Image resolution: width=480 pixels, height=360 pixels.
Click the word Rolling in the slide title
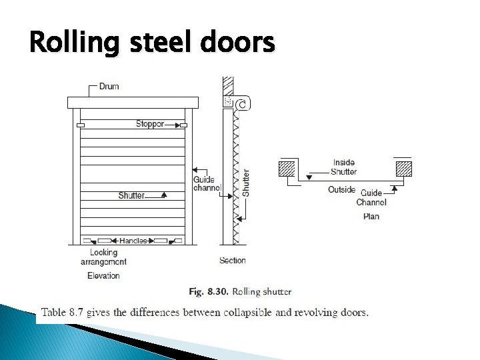[64, 44]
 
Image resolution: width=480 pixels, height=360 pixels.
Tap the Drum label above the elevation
[109, 86]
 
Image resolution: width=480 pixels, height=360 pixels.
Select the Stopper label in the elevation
[150, 123]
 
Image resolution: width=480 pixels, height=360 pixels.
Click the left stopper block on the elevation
[81, 125]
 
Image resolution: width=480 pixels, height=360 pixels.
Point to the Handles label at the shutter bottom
[133, 240]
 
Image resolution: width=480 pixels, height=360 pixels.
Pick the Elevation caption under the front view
[103, 275]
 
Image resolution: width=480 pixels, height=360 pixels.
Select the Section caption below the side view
[233, 261]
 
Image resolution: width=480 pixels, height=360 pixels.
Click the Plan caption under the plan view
[371, 216]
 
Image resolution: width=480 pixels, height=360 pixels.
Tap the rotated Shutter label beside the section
[246, 182]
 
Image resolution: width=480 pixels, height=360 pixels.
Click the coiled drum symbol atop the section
[242, 103]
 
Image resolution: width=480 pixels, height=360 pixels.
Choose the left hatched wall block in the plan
[287, 169]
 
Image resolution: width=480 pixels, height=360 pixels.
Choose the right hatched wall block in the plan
[403, 169]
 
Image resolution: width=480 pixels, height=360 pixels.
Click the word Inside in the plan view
[344, 162]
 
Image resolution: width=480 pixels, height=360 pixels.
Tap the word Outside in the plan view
[342, 190]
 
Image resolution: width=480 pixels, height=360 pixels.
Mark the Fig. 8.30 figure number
[205, 292]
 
